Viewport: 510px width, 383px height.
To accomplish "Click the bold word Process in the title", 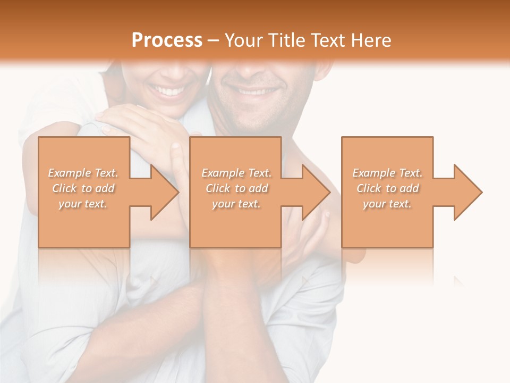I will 167,40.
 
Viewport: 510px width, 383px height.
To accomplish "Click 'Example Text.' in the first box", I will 83,173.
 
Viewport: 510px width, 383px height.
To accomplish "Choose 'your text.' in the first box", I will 83,204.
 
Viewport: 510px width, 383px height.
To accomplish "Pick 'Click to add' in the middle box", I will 236,188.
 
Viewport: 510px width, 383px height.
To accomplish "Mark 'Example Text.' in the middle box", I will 236,173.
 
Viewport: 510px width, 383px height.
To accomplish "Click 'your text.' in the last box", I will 387,204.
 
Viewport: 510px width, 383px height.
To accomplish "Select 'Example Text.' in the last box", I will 387,173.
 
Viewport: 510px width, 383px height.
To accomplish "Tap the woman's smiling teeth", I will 169,91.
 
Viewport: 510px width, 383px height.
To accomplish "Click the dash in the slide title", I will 214,40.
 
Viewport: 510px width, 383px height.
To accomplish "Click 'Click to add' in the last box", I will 387,188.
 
